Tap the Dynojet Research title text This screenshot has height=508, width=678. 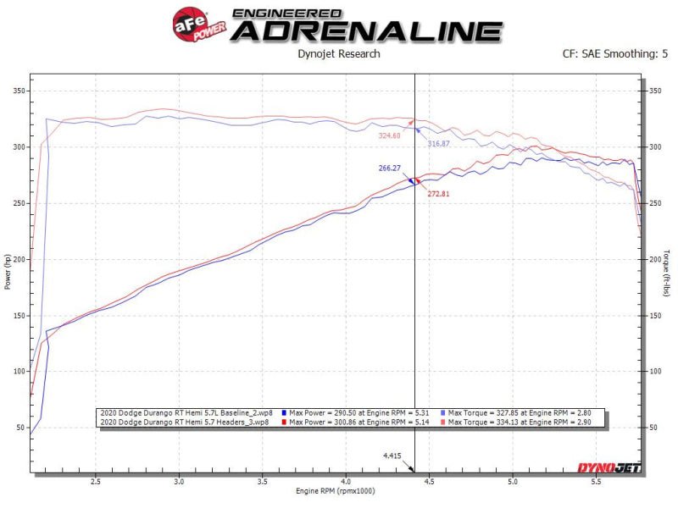pyautogui.click(x=339, y=54)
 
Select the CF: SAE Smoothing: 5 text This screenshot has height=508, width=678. pyautogui.click(x=614, y=54)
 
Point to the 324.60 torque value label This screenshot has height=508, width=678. pyautogui.click(x=390, y=134)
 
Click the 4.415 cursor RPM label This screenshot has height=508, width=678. pyautogui.click(x=392, y=456)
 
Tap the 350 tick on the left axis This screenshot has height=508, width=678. pyautogui.click(x=18, y=91)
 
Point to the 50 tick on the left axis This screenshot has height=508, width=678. pyautogui.click(x=20, y=428)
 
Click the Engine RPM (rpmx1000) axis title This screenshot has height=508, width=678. pyautogui.click(x=336, y=490)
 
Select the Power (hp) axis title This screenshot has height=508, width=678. pyautogui.click(x=8, y=273)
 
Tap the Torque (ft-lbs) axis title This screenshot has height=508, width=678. pyautogui.click(x=668, y=273)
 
